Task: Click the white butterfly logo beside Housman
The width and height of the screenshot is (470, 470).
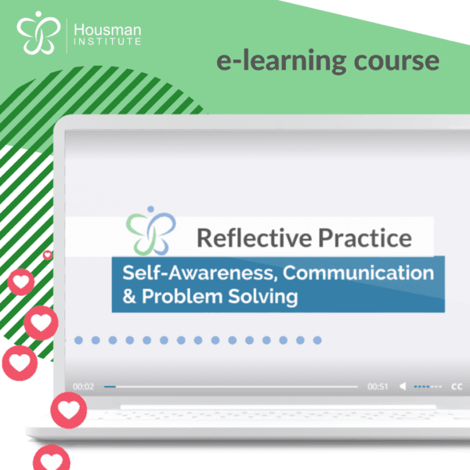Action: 38,33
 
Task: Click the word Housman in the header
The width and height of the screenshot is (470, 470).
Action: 107,30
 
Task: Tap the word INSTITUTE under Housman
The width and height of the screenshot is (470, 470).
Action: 107,42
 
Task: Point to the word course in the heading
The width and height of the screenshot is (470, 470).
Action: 396,61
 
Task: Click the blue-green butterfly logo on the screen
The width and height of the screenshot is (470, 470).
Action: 150,231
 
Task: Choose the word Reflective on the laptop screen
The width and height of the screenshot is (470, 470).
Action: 254,238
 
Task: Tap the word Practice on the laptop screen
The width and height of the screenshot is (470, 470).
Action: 365,238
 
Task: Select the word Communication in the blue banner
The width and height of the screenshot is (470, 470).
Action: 358,273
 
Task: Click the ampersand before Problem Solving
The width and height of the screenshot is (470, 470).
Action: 129,296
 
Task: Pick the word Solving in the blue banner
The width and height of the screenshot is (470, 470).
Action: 263,297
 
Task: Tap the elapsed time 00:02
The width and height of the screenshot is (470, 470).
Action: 83,387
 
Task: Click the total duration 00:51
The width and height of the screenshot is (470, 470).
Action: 378,387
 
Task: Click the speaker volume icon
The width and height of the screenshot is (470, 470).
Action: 403,387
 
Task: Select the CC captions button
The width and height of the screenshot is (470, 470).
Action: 457,387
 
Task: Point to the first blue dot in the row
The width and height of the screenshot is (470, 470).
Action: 78,340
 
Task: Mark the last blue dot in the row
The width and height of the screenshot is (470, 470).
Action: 317,340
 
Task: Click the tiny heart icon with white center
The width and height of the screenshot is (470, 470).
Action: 47,255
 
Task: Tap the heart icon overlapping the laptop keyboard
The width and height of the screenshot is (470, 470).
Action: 69,410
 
